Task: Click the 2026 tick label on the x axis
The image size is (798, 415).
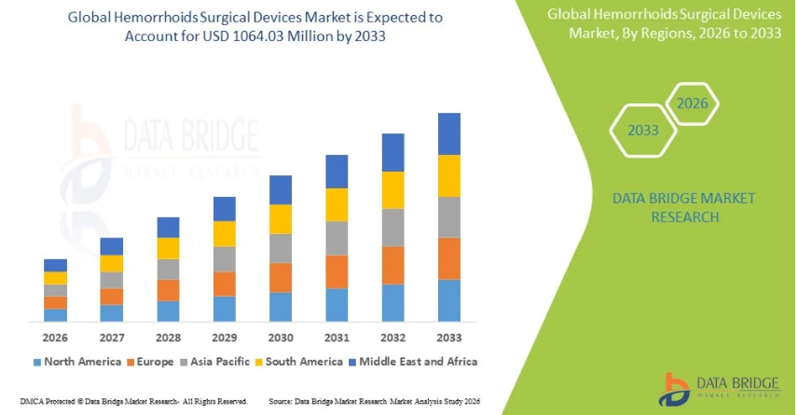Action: (55, 337)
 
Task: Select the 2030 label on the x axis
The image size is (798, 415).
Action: (281, 337)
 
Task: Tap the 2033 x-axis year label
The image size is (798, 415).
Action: (449, 337)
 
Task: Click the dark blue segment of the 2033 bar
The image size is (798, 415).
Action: (449, 133)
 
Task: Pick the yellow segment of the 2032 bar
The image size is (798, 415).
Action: (393, 190)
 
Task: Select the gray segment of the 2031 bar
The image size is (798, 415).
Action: (337, 238)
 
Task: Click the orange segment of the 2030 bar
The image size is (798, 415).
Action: (281, 278)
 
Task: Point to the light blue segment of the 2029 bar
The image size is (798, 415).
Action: (225, 309)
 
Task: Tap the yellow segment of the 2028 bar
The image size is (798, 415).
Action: (168, 248)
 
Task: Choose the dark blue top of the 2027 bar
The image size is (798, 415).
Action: (112, 246)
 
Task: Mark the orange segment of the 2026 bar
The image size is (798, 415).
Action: (55, 302)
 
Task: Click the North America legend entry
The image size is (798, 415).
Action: (77, 361)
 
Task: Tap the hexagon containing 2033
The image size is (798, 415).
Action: (642, 131)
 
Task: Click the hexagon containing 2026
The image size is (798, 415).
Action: (693, 104)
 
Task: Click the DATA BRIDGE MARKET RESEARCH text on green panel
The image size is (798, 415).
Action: (670, 207)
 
